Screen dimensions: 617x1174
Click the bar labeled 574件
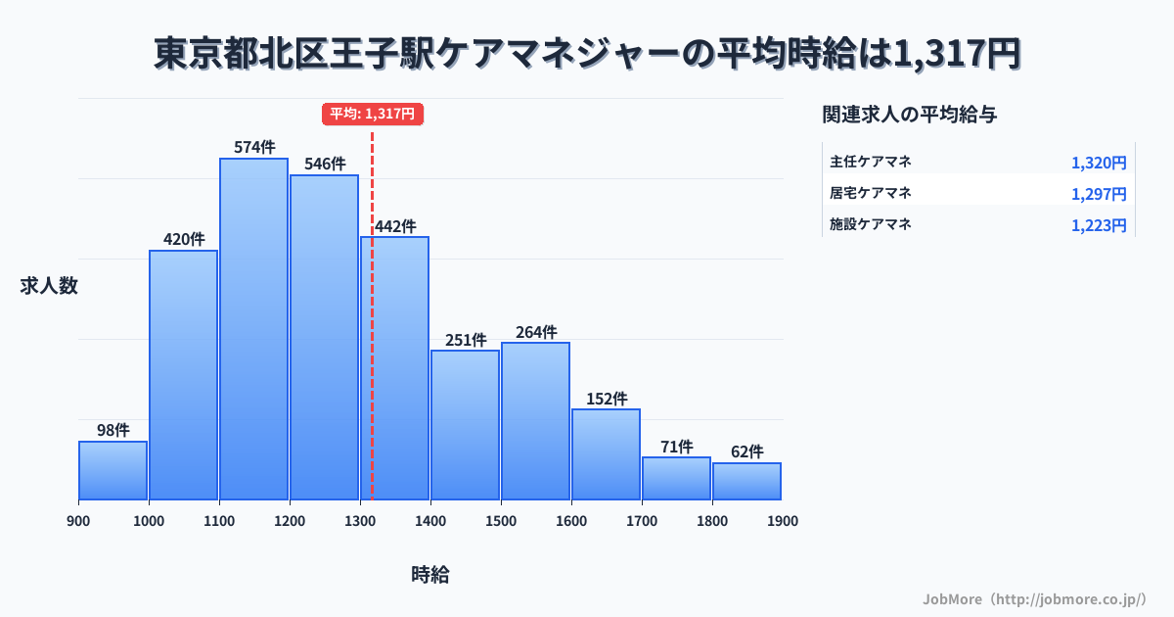click(253, 329)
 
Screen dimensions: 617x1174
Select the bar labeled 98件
click(113, 471)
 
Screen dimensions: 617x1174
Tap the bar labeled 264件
click(535, 421)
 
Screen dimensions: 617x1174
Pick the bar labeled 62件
click(746, 482)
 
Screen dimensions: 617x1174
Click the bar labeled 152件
click(606, 454)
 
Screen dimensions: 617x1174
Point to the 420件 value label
click(184, 239)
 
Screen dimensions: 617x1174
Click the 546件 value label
click(325, 164)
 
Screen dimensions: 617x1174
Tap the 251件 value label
click(466, 340)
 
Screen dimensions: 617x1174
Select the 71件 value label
click(676, 447)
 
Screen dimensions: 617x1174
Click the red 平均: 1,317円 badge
click(373, 114)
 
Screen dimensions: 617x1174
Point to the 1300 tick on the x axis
click(360, 521)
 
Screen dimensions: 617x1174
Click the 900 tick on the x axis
click(78, 521)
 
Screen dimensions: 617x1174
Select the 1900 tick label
click(783, 521)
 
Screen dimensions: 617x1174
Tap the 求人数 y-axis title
click(49, 286)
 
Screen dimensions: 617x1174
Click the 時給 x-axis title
click(430, 575)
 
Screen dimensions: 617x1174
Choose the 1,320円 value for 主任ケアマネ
click(1099, 163)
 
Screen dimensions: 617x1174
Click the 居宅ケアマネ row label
click(871, 193)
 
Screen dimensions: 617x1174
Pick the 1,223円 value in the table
click(1099, 225)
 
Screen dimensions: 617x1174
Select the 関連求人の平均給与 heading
click(910, 115)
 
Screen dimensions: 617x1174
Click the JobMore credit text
click(1034, 597)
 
